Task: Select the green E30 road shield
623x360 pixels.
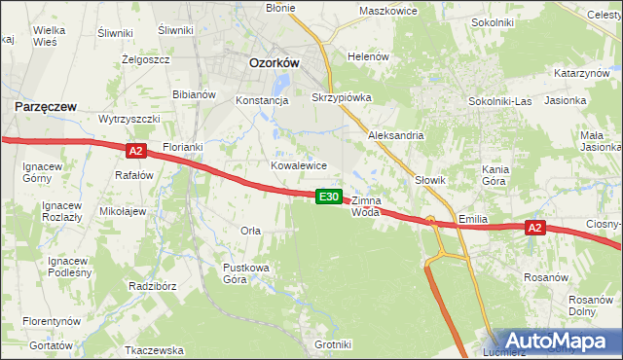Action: click(x=329, y=197)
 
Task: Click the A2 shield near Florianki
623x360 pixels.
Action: click(x=135, y=150)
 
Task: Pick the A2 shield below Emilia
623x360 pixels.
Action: click(x=534, y=228)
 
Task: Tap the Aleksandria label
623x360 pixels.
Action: click(x=395, y=135)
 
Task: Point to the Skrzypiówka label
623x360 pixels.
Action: click(x=341, y=98)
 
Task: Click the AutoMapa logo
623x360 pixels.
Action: click(x=556, y=342)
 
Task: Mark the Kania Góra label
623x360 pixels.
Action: click(x=495, y=175)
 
